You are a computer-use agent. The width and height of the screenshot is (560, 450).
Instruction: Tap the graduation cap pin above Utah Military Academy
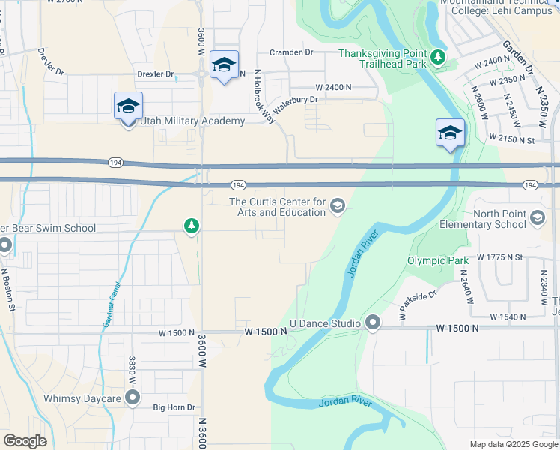128,105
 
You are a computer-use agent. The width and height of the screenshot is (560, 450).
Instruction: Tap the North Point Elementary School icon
537,217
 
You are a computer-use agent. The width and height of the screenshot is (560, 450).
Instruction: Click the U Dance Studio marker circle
373,323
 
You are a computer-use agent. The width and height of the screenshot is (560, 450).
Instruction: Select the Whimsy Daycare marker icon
133,397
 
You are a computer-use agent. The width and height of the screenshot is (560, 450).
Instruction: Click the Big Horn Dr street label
174,407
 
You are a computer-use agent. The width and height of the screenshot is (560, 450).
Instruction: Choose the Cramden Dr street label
291,52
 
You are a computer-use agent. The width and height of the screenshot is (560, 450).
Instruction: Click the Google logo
25,441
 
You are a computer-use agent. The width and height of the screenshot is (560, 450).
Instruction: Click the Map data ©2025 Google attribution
514,444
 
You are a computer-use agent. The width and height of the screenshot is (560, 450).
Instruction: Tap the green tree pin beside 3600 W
192,225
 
